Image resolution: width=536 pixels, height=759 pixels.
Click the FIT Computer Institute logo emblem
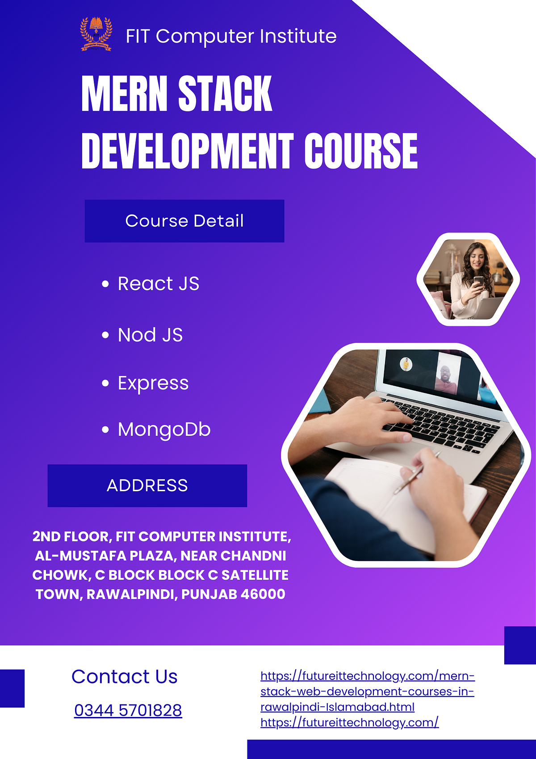96,34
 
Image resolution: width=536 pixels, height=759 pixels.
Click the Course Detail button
184,221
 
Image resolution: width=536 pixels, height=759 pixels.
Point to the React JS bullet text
158,283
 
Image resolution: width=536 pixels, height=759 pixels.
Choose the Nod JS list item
150,335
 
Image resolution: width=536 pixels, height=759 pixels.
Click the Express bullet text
153,383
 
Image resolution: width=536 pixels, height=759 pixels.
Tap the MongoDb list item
164,430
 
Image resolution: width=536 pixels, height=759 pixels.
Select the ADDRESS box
147,485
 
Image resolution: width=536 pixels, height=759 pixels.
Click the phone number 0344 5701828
128,710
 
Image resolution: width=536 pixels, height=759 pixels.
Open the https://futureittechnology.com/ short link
349,722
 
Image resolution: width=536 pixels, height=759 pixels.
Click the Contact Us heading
125,677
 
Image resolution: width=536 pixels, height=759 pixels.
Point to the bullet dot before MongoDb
105,430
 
